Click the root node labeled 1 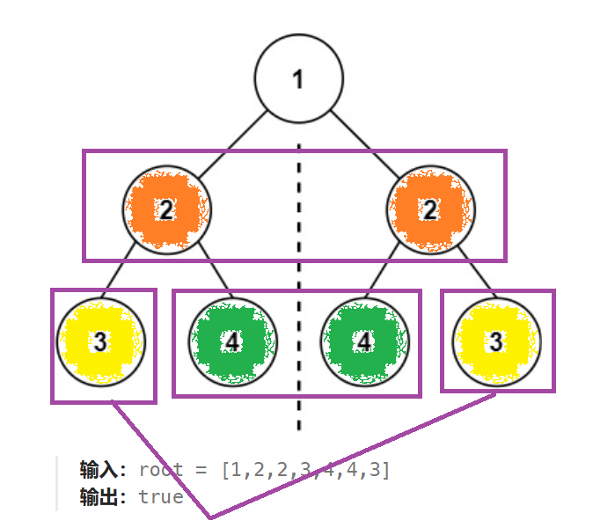click(x=297, y=79)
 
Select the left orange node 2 click(x=165, y=209)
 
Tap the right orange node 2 click(x=430, y=209)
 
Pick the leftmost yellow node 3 click(x=99, y=341)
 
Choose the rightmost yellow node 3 click(x=495, y=341)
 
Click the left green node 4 click(x=232, y=341)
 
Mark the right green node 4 click(x=363, y=341)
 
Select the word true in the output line click(x=161, y=497)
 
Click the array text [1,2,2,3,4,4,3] click(x=305, y=470)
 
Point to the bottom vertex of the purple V click(x=209, y=516)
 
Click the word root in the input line click(x=161, y=470)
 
